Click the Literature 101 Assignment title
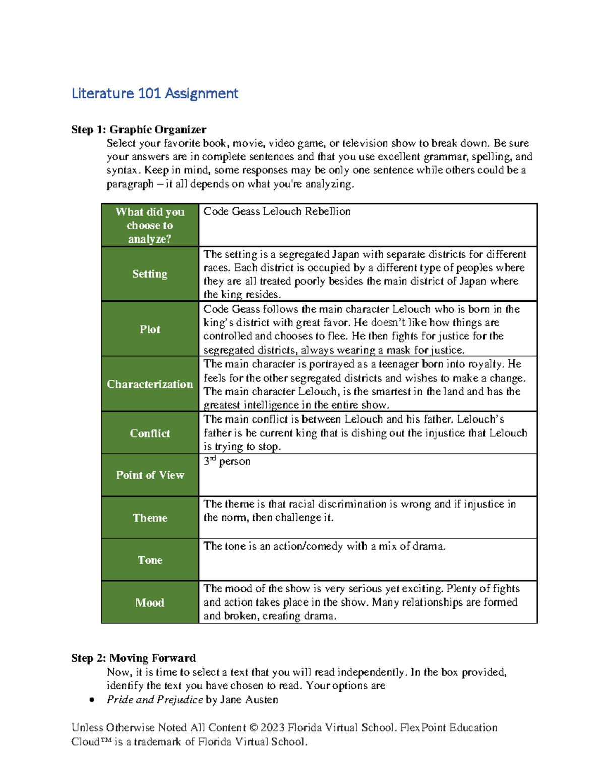pos(155,93)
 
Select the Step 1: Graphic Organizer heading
pos(139,130)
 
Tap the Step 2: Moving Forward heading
pos(133,658)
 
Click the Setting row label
pos(150,274)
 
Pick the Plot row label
pos(150,329)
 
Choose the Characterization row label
pos(150,384)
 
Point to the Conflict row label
pos(150,433)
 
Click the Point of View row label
pos(150,475)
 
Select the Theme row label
pos(150,518)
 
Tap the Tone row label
pos(150,560)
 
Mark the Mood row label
pos(150,603)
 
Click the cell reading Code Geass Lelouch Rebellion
pos(277,212)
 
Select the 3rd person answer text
pos(227,461)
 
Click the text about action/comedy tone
pos(324,546)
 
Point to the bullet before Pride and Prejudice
pos(91,700)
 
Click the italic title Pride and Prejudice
pos(155,700)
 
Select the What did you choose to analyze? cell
pos(150,225)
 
